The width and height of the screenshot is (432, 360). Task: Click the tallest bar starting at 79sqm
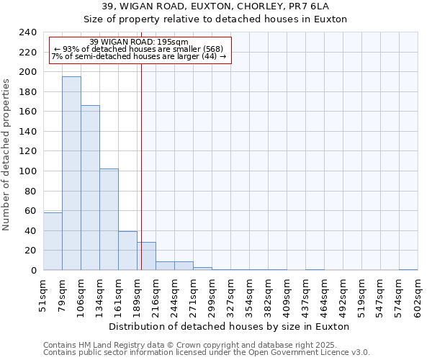[71, 173]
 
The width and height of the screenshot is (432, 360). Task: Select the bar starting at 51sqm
[53, 241]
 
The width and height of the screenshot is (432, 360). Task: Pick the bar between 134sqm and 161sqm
[109, 220]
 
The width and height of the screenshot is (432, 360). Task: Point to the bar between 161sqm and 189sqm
[127, 251]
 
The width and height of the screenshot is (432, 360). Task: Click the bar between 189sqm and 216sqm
[147, 256]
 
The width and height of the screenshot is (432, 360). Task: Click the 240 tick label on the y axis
[27, 32]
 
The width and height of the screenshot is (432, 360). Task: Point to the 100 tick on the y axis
[27, 171]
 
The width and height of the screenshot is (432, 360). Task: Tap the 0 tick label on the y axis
[33, 271]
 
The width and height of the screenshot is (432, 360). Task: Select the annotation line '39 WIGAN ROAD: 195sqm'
[139, 42]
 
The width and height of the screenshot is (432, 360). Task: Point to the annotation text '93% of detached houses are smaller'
[139, 49]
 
